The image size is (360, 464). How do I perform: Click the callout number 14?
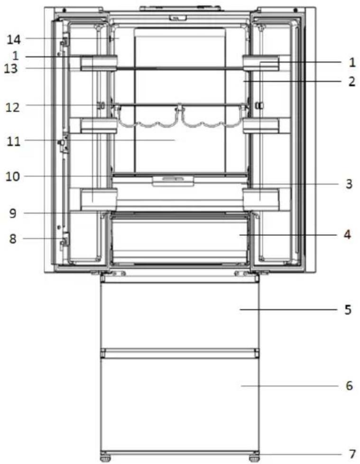tap(14, 39)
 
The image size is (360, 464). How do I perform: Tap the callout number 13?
tap(11, 69)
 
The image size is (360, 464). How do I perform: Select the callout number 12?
tap(13, 107)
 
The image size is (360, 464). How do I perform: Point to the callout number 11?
tap(14, 141)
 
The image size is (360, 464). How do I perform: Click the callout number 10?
tap(13, 176)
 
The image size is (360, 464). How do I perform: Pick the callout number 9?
tap(13, 213)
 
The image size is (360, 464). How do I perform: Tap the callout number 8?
tap(13, 239)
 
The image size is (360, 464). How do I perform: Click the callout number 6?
tap(350, 386)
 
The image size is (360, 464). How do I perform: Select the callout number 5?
tap(348, 310)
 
